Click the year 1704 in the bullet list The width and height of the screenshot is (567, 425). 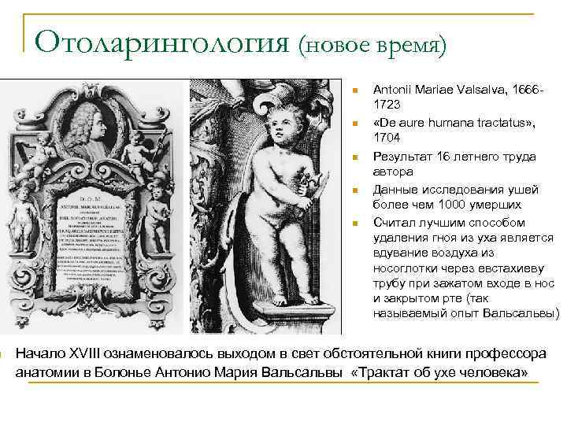(x=387, y=138)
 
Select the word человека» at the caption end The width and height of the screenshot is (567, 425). (x=493, y=371)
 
